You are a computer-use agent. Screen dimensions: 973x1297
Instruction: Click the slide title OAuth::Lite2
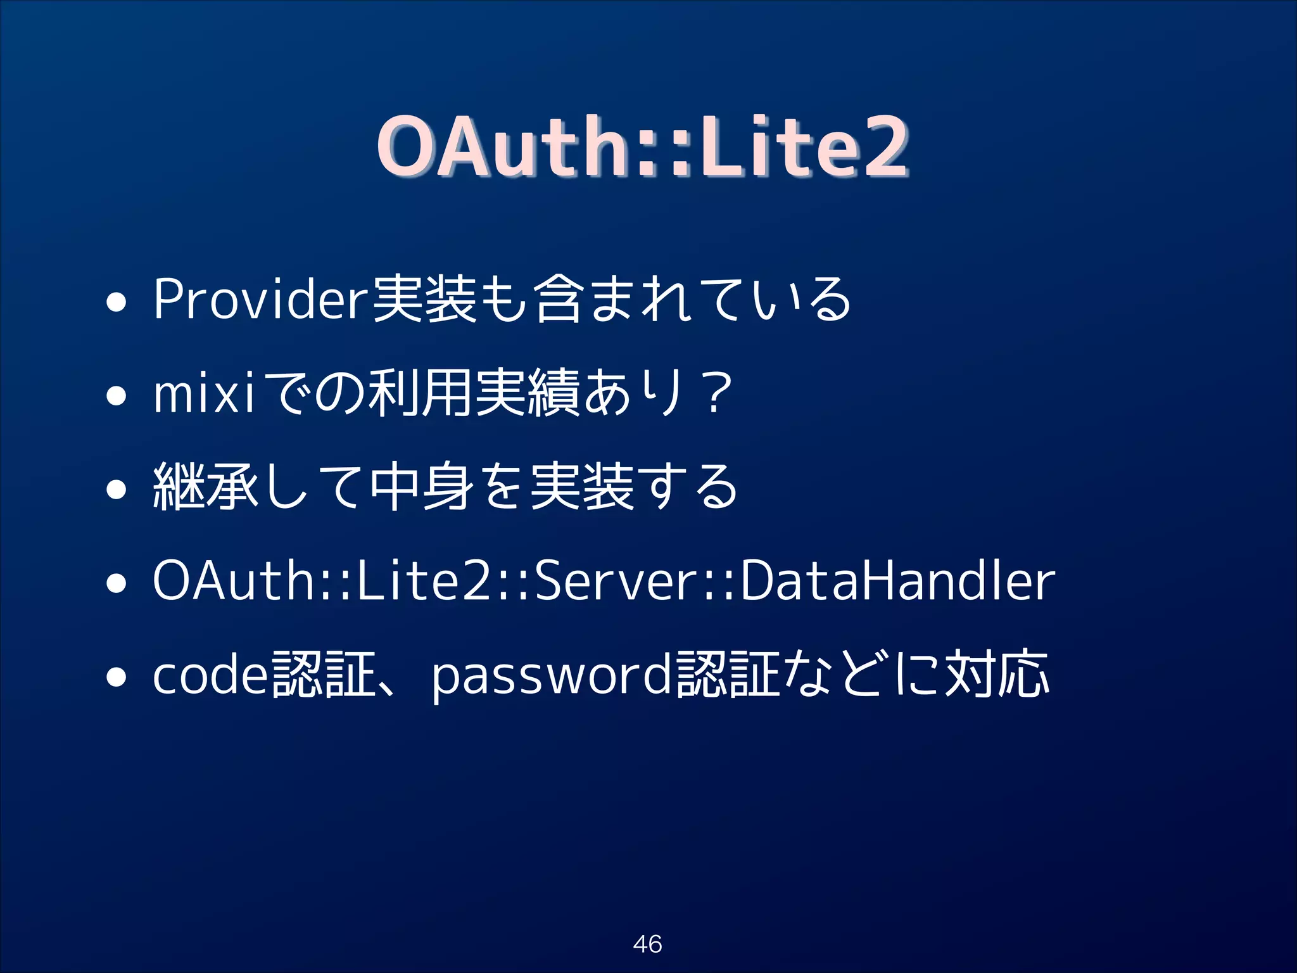642,147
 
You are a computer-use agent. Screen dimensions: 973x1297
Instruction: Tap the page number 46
647,944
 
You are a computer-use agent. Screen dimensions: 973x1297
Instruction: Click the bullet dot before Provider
116,303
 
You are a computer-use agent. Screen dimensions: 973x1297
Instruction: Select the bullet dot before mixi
116,397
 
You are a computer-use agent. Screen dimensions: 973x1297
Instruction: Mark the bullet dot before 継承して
116,490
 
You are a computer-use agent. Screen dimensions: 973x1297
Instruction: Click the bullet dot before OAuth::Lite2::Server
116,584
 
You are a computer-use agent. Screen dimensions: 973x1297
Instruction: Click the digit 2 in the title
885,147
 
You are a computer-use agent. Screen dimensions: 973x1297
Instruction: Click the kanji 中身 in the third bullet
422,486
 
